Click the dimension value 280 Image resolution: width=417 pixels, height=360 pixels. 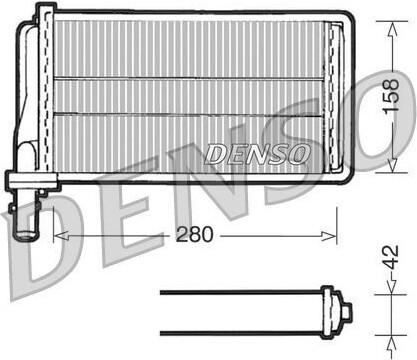point(194,234)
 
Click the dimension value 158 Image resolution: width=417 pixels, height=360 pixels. point(391,96)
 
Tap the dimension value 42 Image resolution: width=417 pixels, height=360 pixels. point(391,257)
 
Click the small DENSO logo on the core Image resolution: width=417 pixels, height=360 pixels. point(257,154)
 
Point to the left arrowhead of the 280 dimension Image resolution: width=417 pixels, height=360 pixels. point(61,236)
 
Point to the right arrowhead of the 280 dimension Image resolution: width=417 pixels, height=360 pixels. point(329,236)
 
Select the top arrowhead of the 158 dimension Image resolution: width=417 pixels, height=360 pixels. point(393,29)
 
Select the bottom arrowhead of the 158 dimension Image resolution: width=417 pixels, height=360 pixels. point(393,165)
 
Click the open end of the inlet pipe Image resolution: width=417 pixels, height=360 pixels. point(25,235)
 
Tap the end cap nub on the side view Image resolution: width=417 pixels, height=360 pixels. point(347,312)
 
